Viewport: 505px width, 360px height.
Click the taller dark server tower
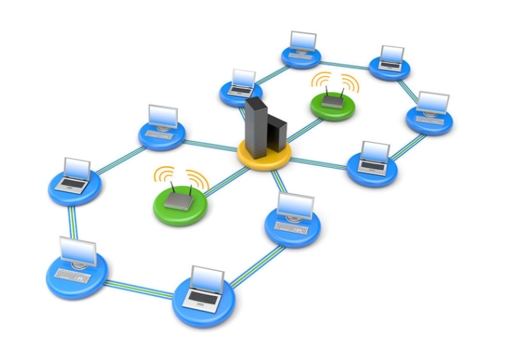256,127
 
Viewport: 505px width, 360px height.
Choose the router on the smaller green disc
333,100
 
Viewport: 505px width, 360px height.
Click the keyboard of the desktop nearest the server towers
291,226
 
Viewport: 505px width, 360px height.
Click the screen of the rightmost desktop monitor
432,102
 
